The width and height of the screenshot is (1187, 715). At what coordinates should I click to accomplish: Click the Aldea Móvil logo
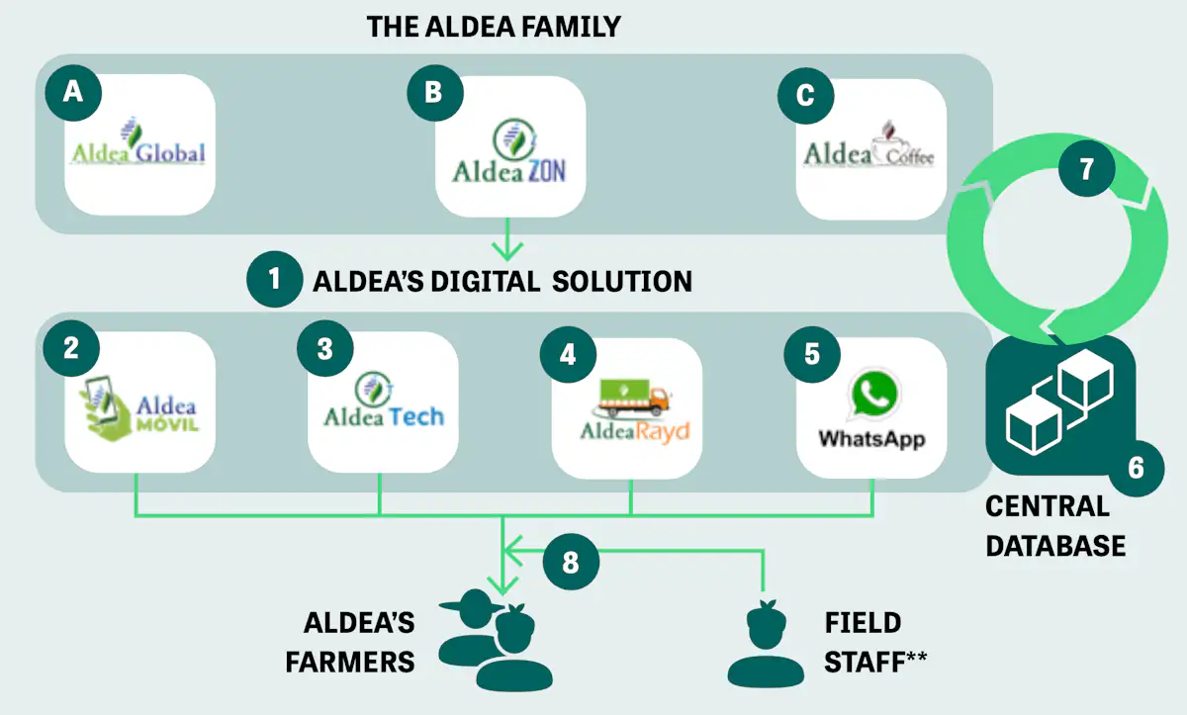click(139, 406)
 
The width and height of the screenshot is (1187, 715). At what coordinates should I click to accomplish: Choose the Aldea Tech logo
click(383, 406)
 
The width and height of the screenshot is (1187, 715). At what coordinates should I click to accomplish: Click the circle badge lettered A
click(73, 92)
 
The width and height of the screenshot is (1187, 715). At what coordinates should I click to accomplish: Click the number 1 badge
click(274, 281)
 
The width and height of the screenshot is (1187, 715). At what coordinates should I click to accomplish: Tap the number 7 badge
click(1086, 169)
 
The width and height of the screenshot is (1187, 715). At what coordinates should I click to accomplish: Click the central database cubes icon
click(1059, 401)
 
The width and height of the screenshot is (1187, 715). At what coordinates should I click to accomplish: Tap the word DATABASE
click(1055, 545)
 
